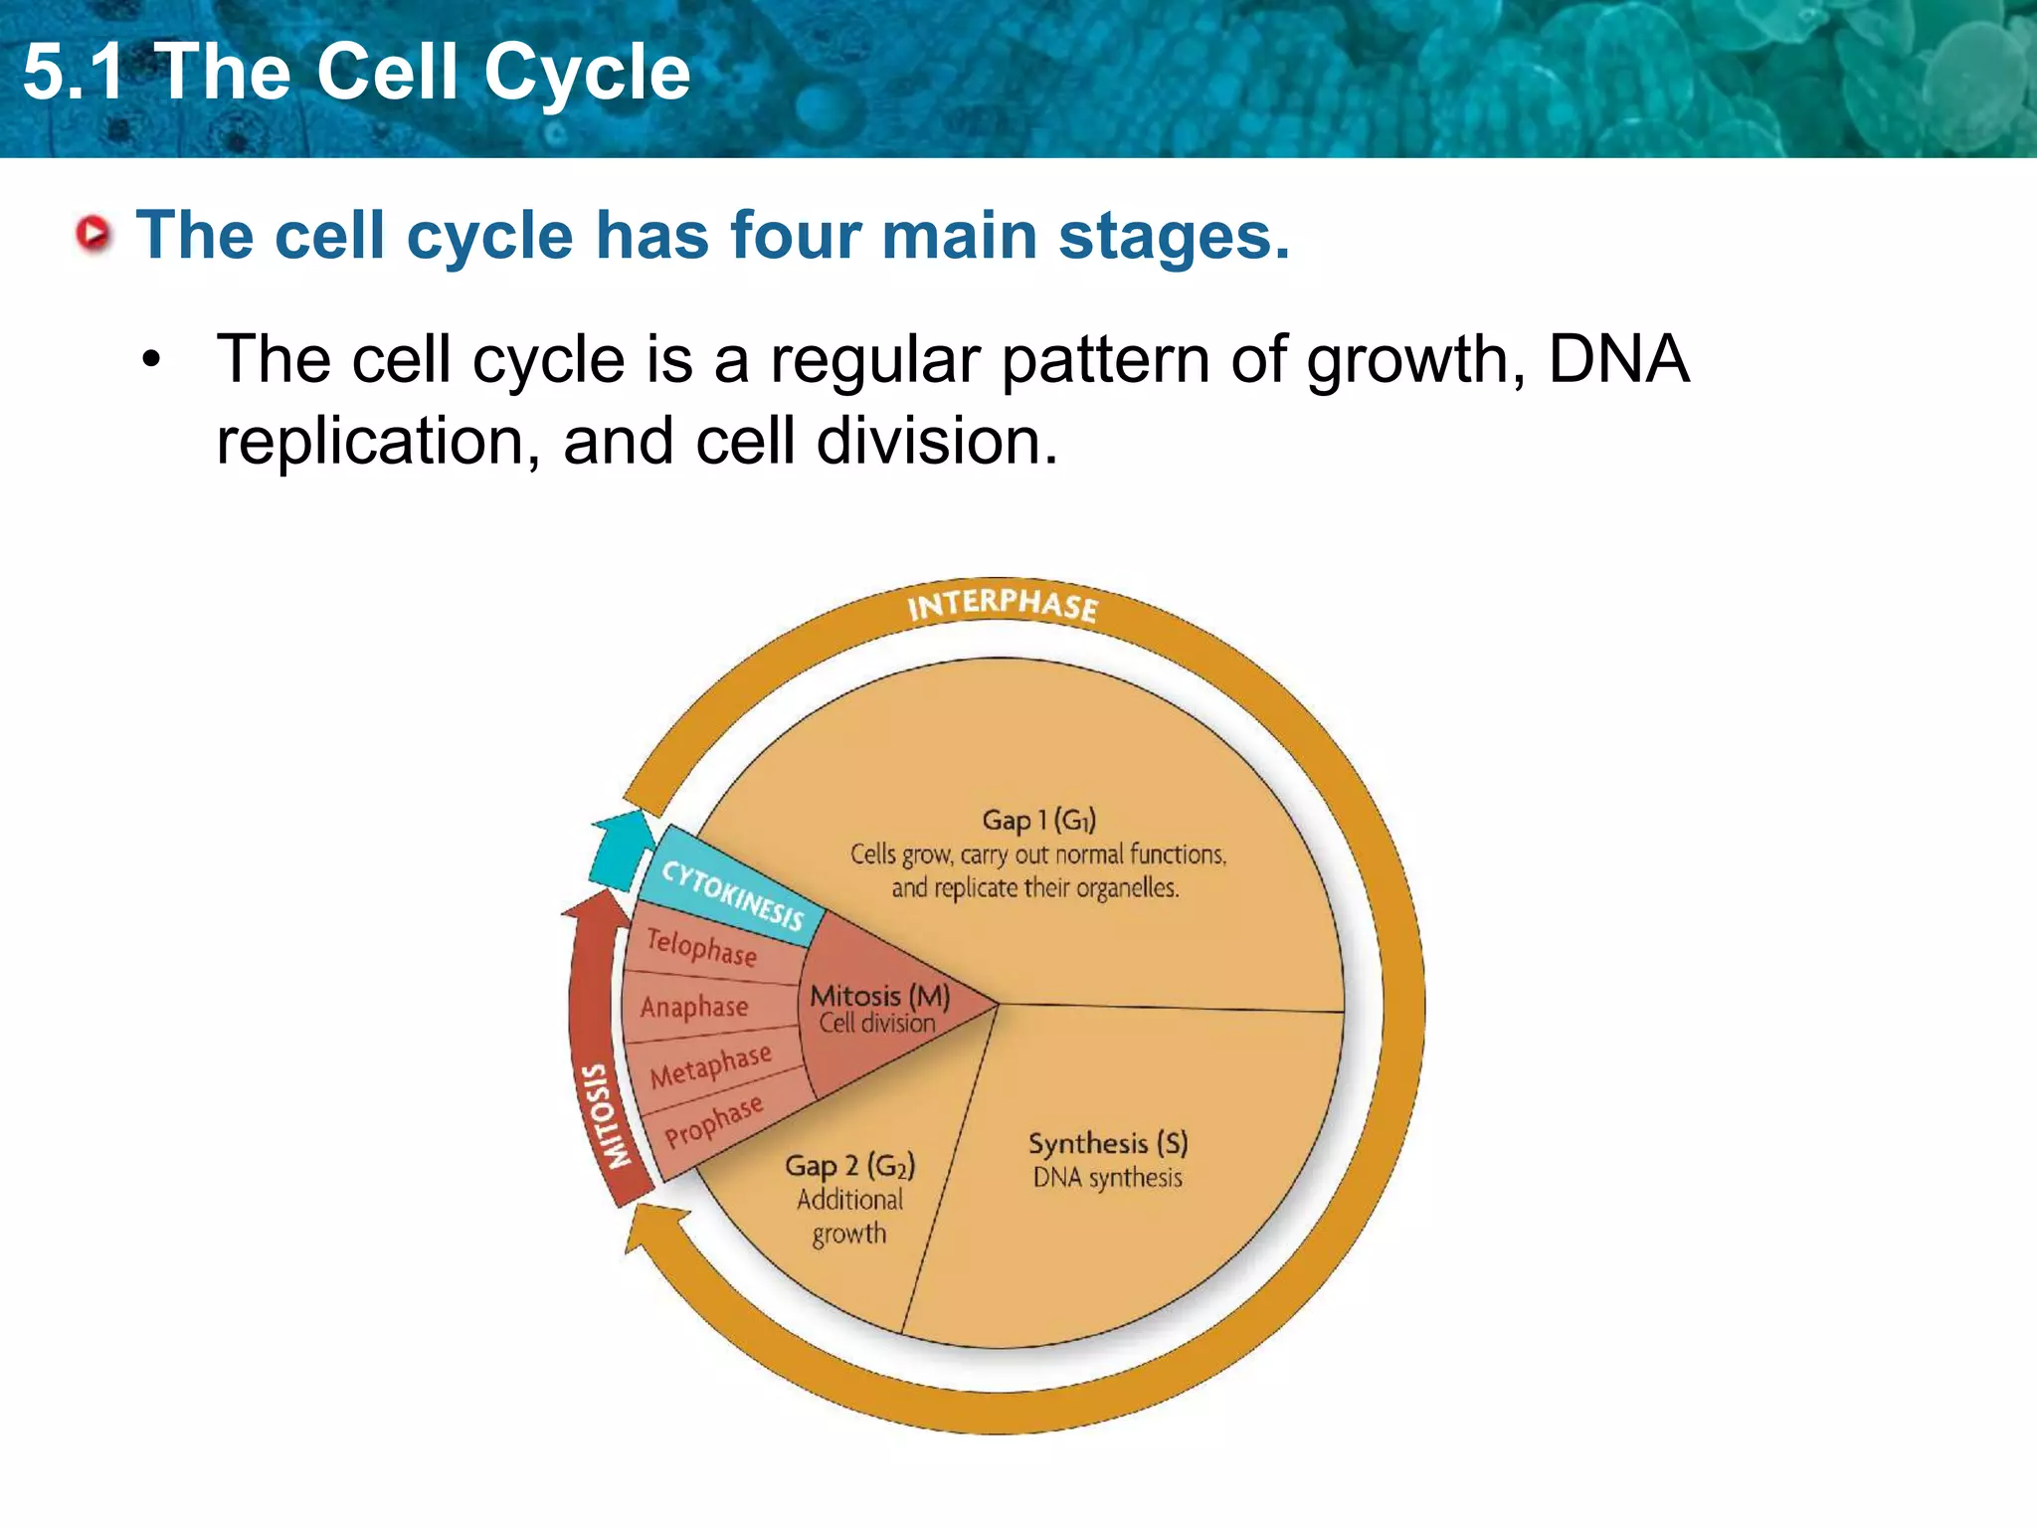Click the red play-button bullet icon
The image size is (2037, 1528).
coord(93,235)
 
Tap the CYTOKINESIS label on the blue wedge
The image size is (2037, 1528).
coord(733,894)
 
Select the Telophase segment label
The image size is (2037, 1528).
coord(701,946)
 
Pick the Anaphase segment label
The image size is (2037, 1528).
coord(694,1007)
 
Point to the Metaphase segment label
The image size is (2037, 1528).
coord(710,1065)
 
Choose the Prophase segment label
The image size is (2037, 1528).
coord(713,1120)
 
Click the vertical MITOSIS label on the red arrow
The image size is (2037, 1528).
coord(606,1115)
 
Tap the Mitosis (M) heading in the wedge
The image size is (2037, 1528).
coord(879,995)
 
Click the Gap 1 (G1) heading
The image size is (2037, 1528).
coord(1038,820)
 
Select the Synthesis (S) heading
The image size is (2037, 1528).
coord(1108,1143)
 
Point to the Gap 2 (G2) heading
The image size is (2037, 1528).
coord(849,1165)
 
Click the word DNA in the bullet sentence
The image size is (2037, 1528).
coord(1618,359)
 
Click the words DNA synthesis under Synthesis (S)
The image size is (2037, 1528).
coord(1107,1178)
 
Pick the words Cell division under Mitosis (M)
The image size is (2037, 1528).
coord(876,1023)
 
